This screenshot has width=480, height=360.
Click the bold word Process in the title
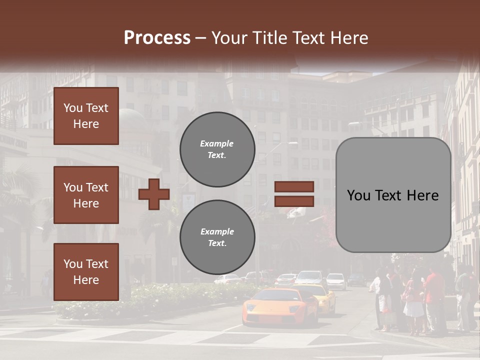tap(157, 38)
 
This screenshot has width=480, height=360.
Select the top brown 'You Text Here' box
tap(86, 116)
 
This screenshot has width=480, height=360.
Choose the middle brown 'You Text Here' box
tap(86, 195)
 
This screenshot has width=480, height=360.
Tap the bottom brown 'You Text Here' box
tap(86, 272)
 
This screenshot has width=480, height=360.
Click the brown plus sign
tap(154, 194)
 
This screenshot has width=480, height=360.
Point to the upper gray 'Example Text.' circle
tap(217, 149)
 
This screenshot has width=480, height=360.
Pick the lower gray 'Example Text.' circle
tap(217, 237)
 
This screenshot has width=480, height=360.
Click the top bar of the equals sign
tap(294, 186)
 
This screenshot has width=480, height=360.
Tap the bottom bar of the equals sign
tap(294, 201)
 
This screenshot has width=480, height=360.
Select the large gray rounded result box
tap(393, 195)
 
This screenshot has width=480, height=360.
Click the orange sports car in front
tap(280, 306)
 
